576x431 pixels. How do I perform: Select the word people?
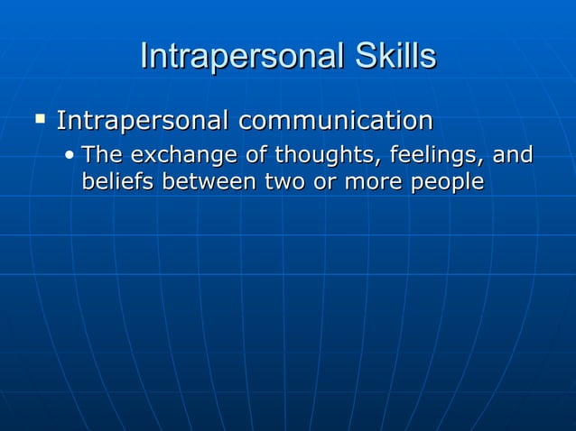[x=448, y=183]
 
